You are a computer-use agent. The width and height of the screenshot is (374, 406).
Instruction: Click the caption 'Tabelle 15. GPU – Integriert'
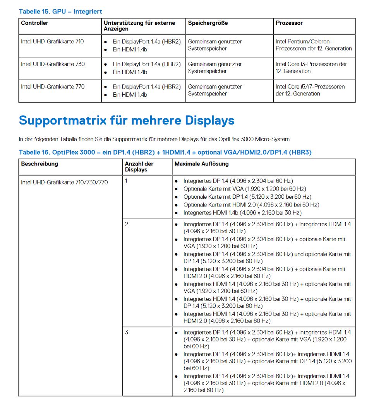tap(60, 12)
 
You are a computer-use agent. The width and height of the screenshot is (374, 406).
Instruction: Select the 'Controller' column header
tap(35, 23)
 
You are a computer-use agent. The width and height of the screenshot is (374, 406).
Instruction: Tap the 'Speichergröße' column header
tap(208, 23)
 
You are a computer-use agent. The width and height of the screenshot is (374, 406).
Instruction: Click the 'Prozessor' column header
tap(289, 23)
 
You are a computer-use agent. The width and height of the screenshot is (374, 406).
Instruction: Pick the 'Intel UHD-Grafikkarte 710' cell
tap(52, 41)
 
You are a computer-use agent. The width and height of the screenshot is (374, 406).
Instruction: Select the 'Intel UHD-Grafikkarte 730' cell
tap(53, 64)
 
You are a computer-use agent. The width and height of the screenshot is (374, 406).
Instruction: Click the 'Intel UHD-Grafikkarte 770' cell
tap(53, 87)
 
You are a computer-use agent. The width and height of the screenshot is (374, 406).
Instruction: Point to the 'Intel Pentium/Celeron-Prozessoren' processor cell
tap(314, 45)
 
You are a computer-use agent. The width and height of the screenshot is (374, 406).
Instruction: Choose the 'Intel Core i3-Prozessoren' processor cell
tap(311, 68)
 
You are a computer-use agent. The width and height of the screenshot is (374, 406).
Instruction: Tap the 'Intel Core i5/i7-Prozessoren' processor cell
tap(310, 90)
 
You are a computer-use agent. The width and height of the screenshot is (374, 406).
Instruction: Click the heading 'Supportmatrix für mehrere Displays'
tap(127, 121)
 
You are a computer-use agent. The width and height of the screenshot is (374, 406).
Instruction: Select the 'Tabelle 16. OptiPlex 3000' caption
tap(165, 152)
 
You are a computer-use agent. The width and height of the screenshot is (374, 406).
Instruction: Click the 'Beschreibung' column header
tap(39, 164)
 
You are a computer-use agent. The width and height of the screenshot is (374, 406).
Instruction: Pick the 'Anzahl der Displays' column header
tap(139, 167)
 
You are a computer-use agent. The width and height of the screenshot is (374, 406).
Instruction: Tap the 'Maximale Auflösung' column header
tap(202, 164)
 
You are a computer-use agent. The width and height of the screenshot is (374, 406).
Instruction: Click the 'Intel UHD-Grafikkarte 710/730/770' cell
tap(64, 182)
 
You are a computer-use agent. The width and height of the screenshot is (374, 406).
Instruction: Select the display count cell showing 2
tap(127, 224)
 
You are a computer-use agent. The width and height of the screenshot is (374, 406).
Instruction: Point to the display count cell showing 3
tap(127, 332)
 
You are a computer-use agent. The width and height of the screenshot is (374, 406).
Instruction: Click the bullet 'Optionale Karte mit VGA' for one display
tap(245, 189)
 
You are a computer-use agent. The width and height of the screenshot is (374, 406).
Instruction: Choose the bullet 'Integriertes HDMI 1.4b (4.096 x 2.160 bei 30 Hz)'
tap(242, 213)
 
